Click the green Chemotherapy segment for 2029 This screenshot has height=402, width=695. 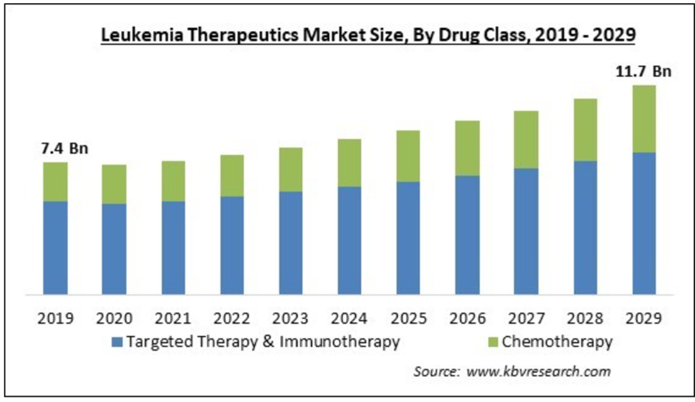pos(644,118)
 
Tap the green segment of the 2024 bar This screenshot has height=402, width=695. pos(349,162)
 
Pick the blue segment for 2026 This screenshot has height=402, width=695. pos(467,234)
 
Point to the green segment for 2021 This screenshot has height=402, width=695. pos(173,181)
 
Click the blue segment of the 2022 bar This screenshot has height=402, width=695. pos(232,244)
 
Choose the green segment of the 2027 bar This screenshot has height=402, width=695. pos(526,139)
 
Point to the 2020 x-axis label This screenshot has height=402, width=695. pos(114,318)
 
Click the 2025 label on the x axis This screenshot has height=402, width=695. pos(408,318)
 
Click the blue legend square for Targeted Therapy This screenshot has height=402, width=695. pos(117,341)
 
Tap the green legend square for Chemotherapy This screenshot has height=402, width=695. pos(493,341)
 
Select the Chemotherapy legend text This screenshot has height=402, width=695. pos(557,341)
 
